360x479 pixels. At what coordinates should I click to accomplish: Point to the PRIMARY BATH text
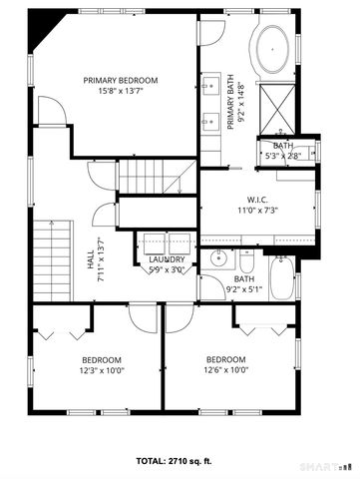pos(230,102)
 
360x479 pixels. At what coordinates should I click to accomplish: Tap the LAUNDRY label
pos(168,258)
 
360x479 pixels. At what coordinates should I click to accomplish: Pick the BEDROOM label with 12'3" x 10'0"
pos(102,359)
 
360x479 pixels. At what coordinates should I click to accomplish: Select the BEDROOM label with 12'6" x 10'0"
pos(225,359)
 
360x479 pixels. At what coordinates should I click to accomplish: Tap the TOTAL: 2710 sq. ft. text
pos(180,462)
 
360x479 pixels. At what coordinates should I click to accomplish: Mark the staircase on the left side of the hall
pos(49,258)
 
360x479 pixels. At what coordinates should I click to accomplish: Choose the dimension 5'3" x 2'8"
pos(283,156)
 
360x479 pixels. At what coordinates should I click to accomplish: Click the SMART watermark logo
pos(324,466)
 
